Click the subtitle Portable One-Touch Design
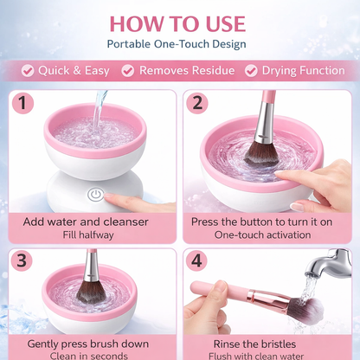177,43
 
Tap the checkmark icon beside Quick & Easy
28,71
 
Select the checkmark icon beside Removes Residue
128,71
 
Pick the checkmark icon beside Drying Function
252,71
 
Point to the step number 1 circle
25,104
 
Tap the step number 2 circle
199,104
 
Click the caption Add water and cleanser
86,222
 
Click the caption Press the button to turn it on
263,222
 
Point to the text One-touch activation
263,235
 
